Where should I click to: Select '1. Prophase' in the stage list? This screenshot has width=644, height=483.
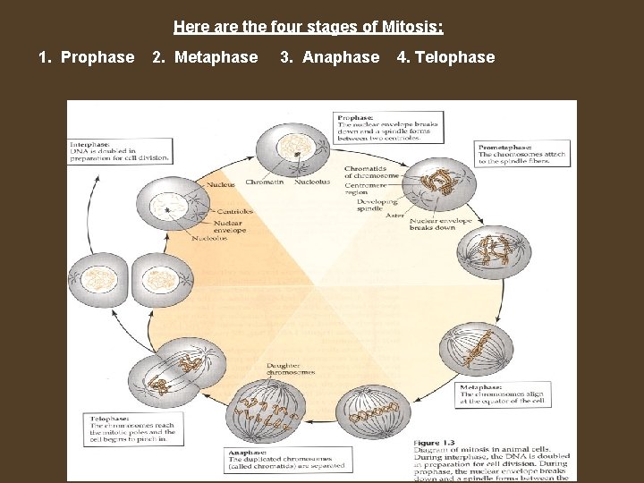(x=87, y=57)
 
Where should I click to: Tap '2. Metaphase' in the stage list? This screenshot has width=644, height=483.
(x=205, y=57)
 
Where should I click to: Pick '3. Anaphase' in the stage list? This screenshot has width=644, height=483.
(x=329, y=57)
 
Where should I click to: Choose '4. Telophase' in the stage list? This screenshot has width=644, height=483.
(x=445, y=57)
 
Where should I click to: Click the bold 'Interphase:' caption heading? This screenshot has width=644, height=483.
(x=91, y=144)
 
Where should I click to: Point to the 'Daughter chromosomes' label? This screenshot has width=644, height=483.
(x=290, y=369)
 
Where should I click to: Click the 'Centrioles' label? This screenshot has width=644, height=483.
(x=233, y=212)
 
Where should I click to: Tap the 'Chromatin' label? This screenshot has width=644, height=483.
(x=265, y=182)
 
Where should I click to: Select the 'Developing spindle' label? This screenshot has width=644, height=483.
(x=377, y=206)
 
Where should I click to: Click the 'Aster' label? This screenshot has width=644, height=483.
(x=394, y=216)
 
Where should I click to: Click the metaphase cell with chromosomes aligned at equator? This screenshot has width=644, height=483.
(x=475, y=349)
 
